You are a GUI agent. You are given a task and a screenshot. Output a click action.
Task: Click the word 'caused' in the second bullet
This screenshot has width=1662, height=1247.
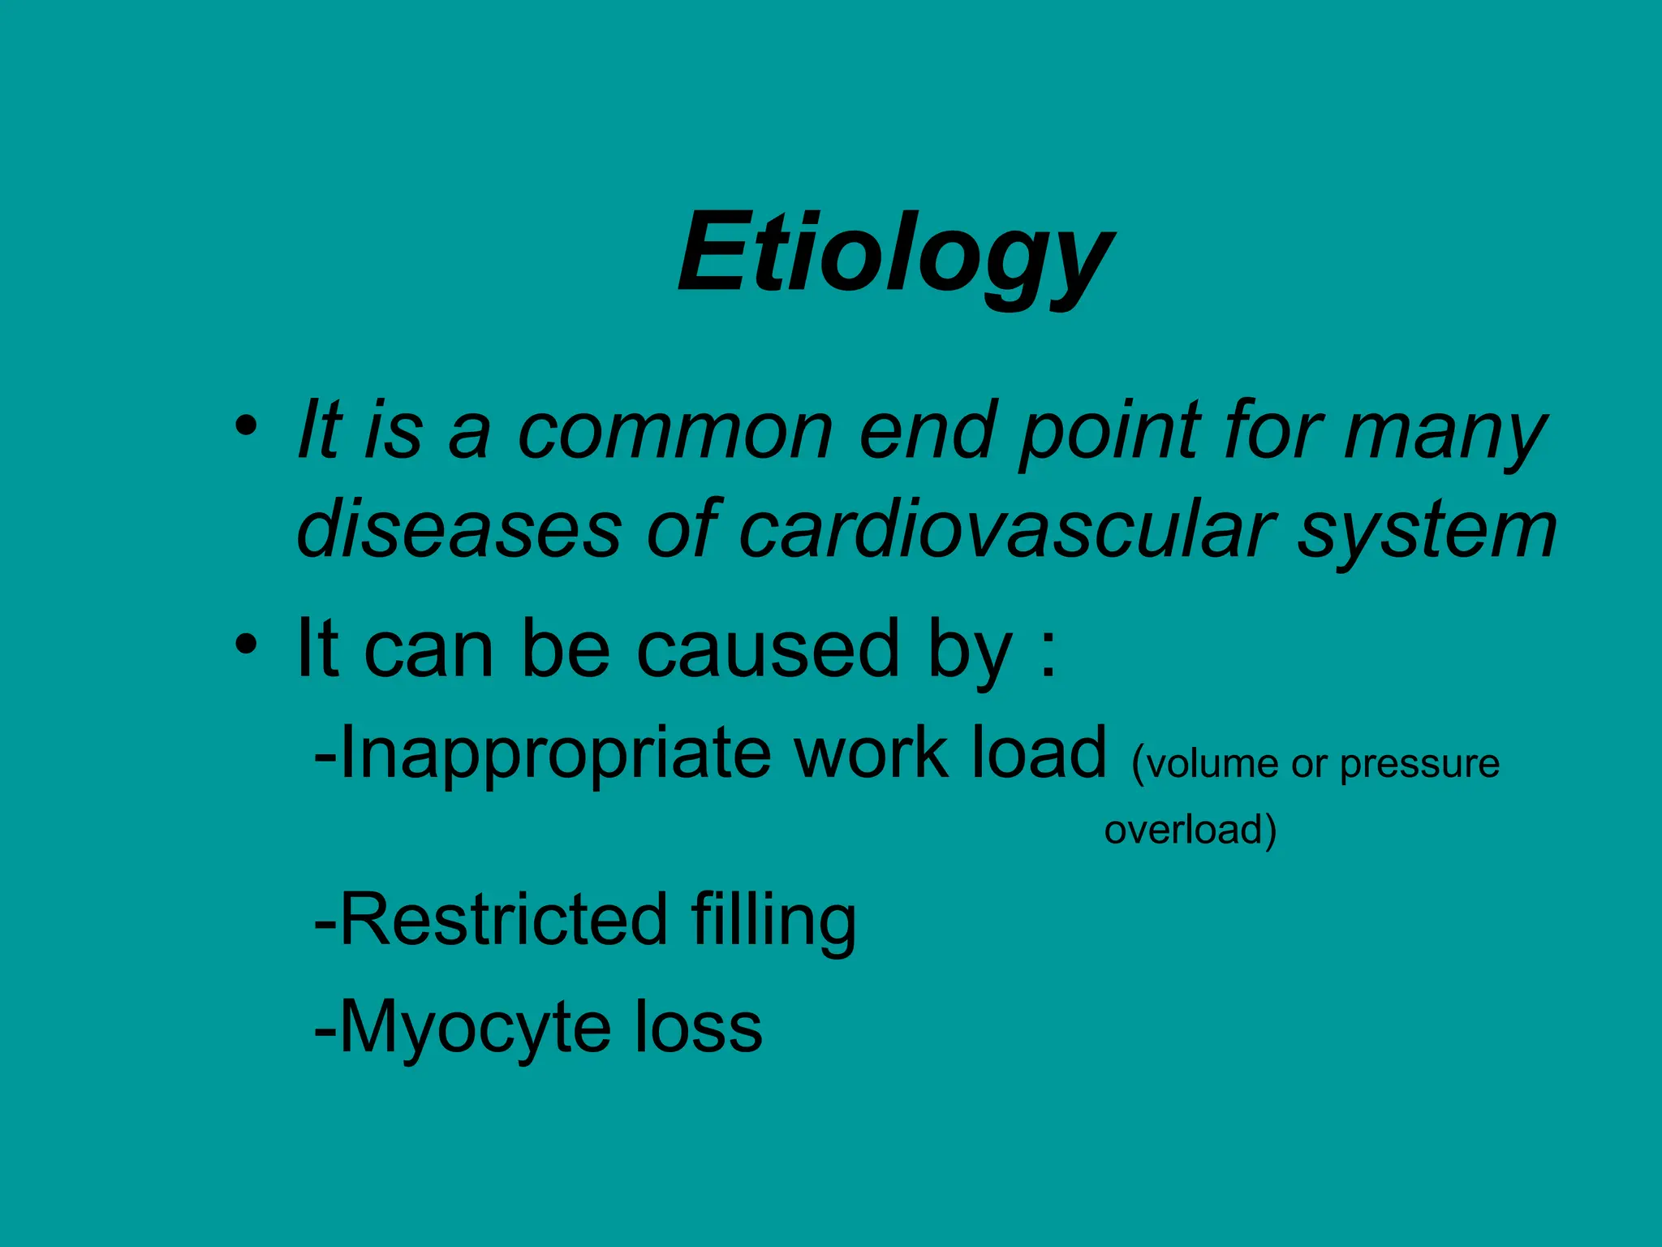click(x=768, y=649)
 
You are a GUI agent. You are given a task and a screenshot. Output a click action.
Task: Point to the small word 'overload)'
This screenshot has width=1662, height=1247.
click(x=1190, y=830)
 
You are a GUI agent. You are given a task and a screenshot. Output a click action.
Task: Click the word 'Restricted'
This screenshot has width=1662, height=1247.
click(x=503, y=919)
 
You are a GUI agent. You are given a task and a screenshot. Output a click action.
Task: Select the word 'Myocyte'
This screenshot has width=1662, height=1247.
click(x=475, y=1029)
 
